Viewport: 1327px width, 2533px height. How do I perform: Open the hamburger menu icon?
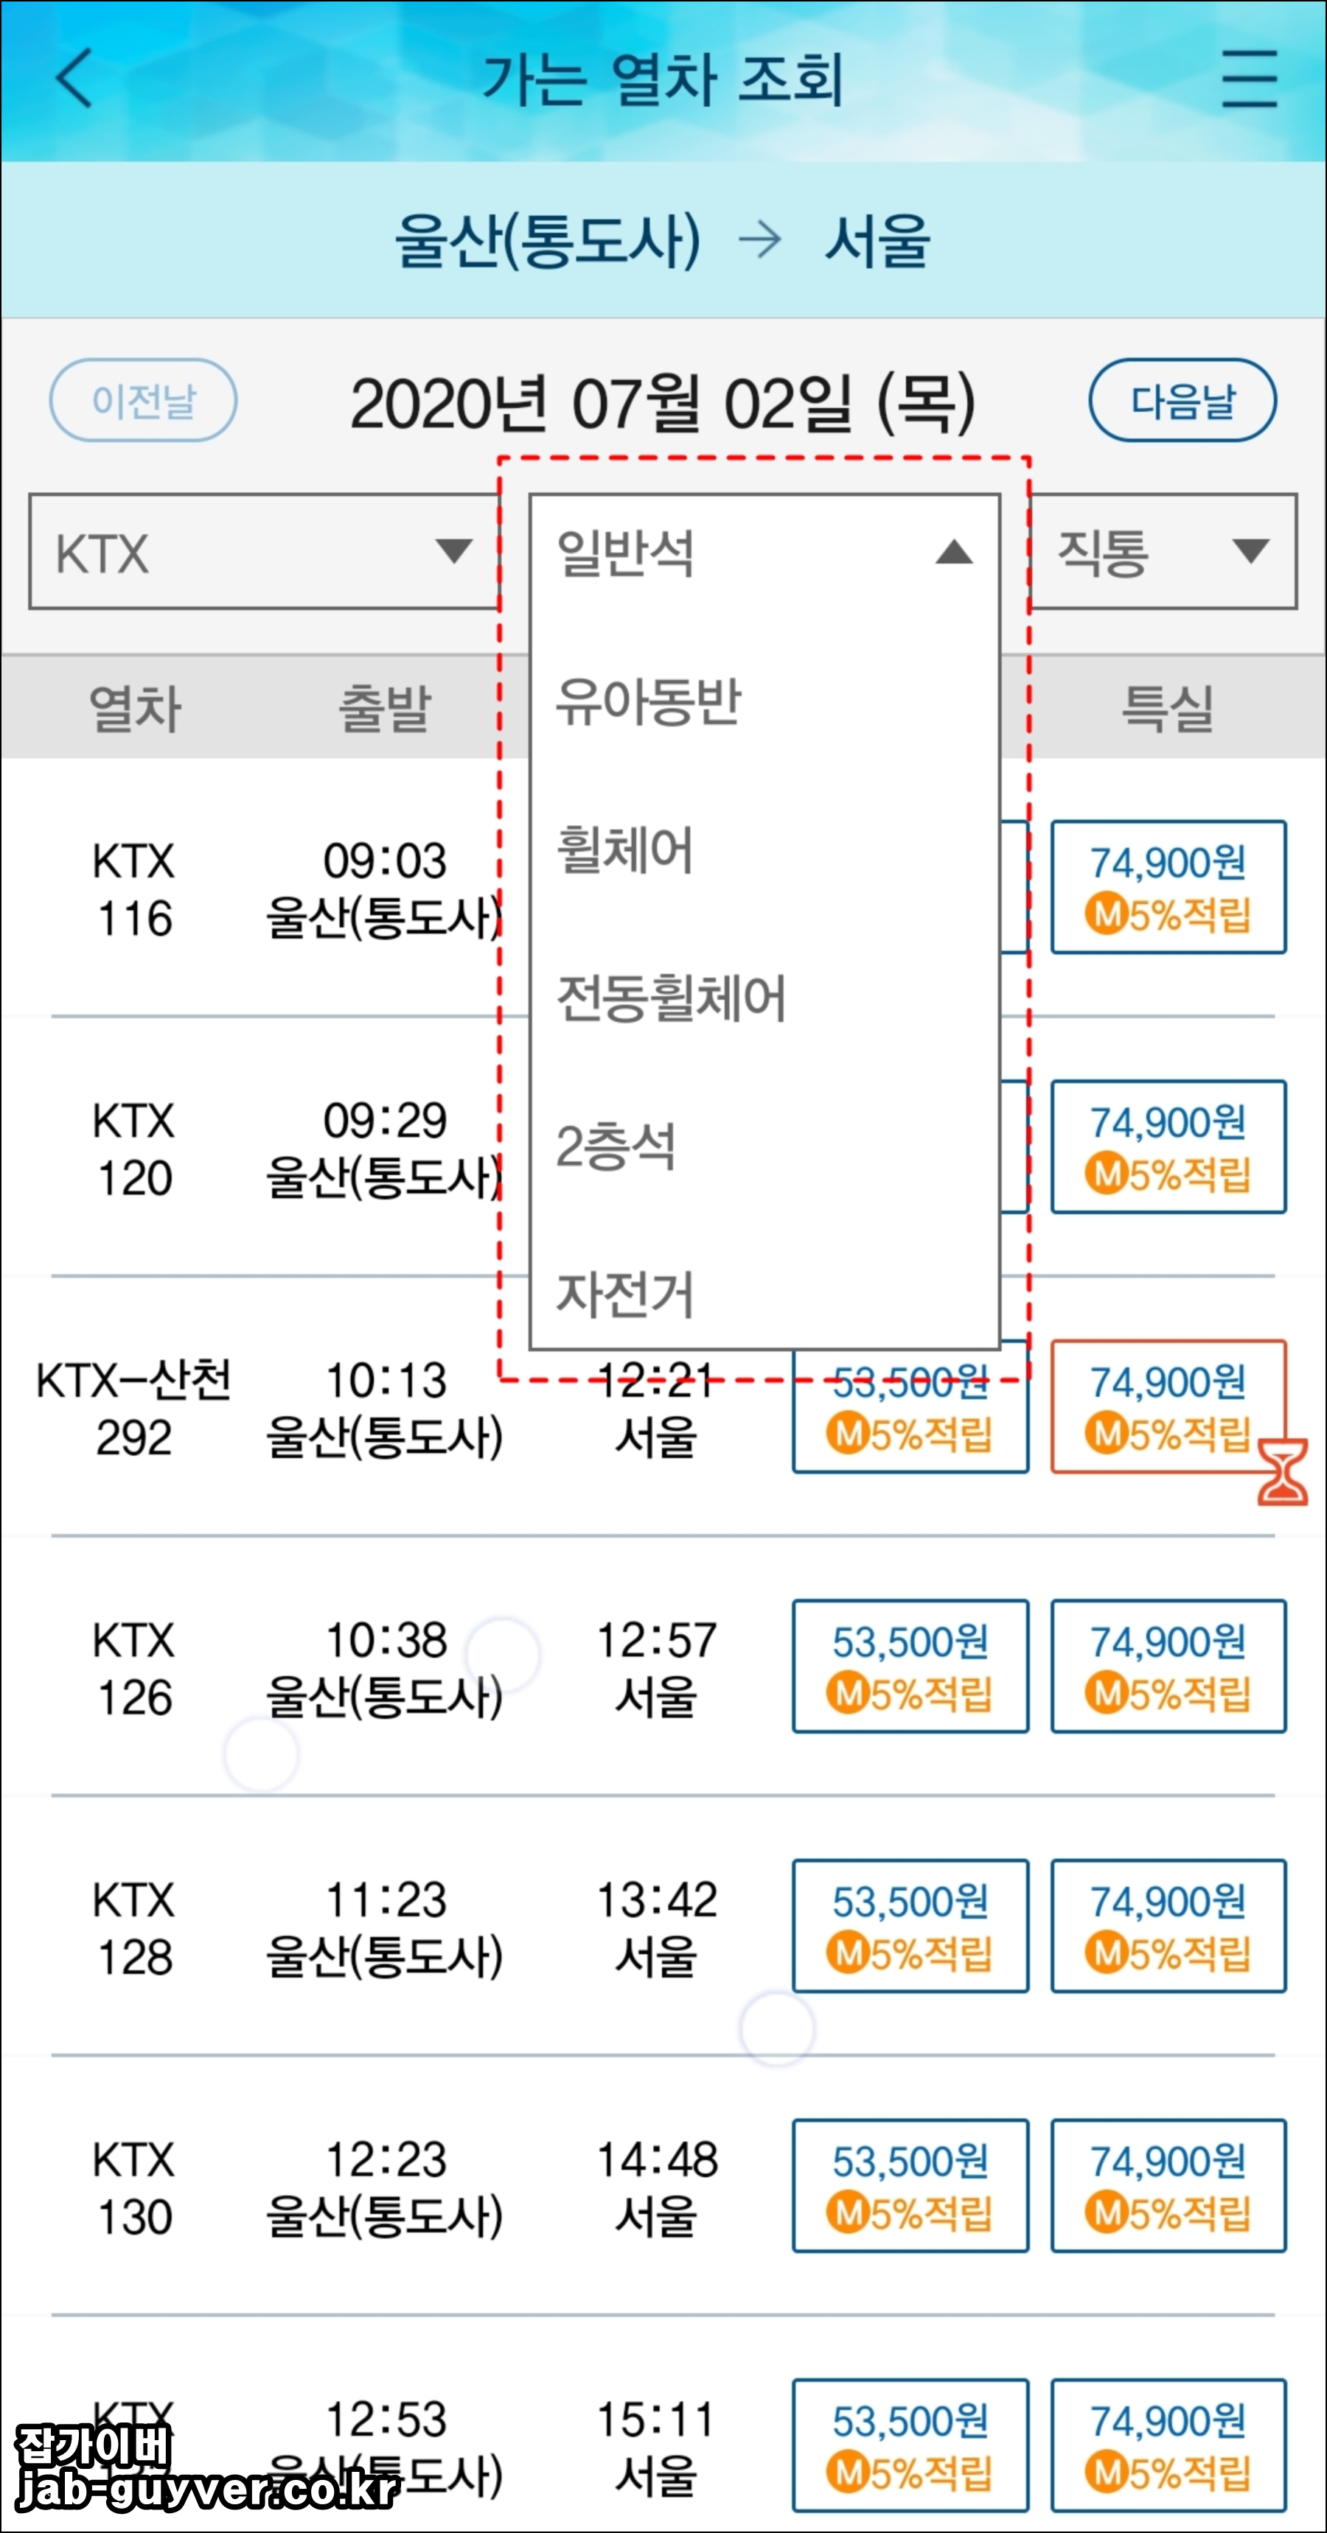coord(1250,79)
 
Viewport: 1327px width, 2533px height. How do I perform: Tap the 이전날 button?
coord(144,400)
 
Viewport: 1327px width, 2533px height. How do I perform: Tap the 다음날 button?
coord(1182,400)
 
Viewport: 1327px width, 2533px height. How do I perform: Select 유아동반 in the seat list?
coord(649,702)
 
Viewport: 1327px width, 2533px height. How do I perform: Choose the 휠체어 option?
coord(626,849)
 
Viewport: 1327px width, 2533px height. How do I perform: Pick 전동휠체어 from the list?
coord(671,998)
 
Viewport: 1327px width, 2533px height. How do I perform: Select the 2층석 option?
coord(617,1146)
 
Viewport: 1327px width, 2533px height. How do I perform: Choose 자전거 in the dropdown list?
coord(626,1294)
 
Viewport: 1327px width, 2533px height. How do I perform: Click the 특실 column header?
coord(1168,708)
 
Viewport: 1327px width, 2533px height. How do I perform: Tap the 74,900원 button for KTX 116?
coord(1168,887)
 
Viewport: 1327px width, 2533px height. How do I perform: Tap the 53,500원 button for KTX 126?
coord(910,1666)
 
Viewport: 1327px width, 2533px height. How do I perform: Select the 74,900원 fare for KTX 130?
coord(1168,2185)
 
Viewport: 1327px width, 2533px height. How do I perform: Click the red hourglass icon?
coord(1283,1471)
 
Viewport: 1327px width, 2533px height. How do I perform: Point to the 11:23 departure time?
coord(386,1899)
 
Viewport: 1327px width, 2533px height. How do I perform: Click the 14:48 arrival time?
coord(657,2159)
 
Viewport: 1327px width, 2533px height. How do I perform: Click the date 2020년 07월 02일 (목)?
coord(663,403)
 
